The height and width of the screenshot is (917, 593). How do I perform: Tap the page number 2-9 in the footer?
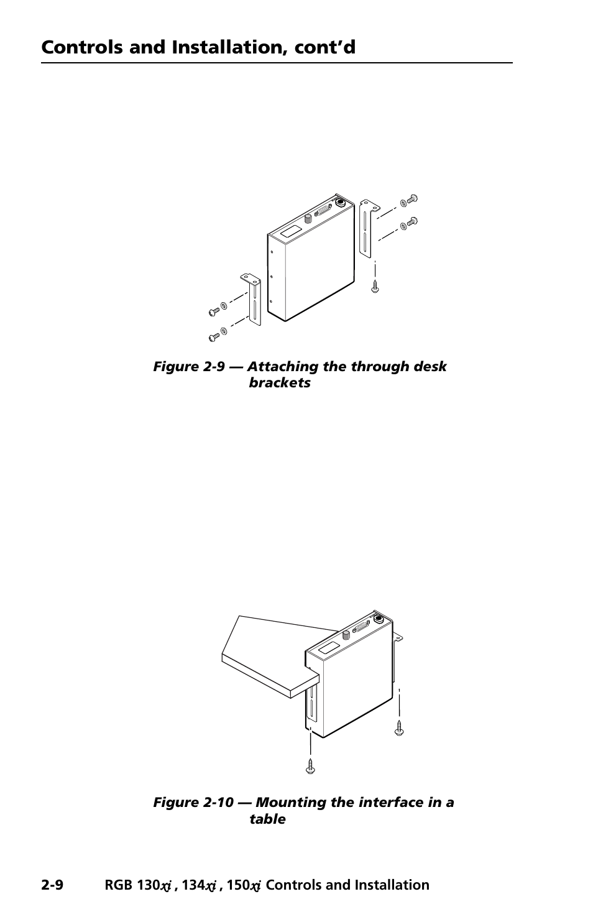pos(52,885)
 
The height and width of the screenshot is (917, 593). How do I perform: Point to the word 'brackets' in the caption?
pos(279,383)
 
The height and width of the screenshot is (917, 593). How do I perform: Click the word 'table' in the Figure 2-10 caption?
pos(267,819)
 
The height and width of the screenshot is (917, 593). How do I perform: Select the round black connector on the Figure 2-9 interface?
pos(340,202)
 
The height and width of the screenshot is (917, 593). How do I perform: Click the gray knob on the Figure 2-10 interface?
pos(346,635)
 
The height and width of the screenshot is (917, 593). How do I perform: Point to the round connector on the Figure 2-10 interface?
pos(377,619)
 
